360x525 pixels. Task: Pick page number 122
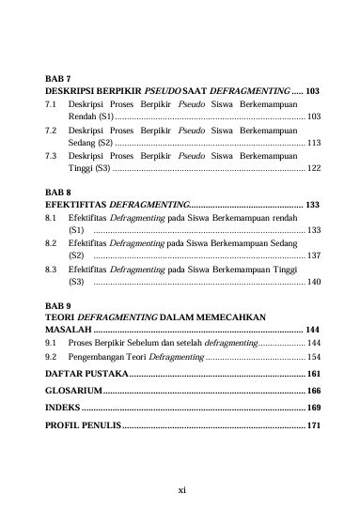click(313, 168)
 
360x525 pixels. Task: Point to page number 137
click(313, 255)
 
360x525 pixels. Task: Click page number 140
click(313, 282)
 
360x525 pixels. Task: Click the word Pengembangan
click(102, 358)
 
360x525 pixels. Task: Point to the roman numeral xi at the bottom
click(180, 489)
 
